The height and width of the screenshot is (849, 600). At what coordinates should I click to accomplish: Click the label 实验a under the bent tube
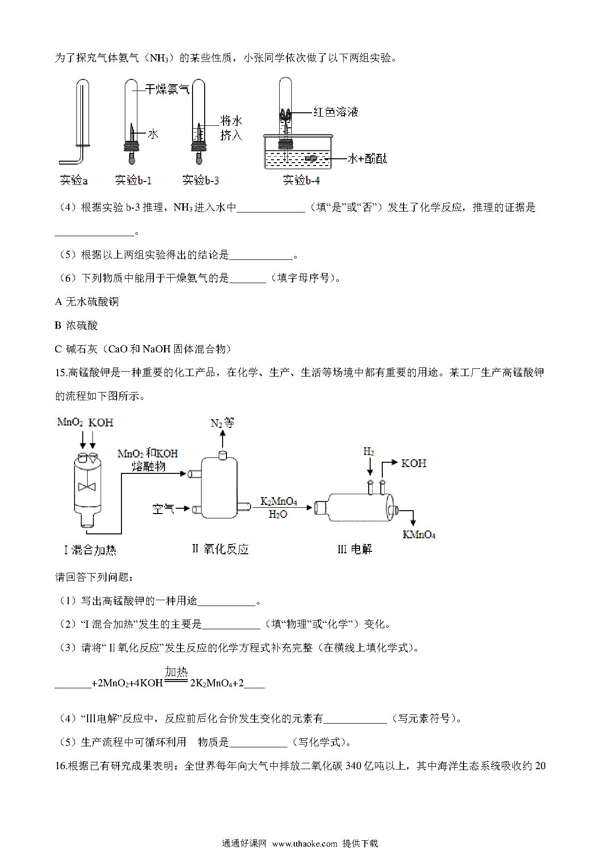[74, 181]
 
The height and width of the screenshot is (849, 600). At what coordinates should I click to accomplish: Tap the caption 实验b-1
[133, 181]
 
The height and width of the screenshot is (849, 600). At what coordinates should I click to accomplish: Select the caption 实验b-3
[201, 181]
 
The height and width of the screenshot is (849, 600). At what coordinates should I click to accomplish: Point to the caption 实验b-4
[301, 181]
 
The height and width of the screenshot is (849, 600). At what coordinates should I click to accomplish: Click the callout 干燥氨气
[167, 89]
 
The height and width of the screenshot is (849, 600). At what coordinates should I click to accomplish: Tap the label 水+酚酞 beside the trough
[367, 159]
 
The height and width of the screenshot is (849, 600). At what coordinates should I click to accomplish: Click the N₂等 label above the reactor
[223, 423]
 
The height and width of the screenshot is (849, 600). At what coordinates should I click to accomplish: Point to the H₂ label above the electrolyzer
[369, 452]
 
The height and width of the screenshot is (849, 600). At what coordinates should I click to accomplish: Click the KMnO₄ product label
[419, 535]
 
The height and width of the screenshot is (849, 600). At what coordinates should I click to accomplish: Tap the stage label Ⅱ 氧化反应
[220, 549]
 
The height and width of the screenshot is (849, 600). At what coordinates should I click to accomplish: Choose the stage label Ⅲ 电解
[355, 549]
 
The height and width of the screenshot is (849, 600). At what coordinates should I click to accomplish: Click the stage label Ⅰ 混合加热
[90, 550]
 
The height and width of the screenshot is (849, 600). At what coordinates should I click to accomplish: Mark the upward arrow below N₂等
[223, 440]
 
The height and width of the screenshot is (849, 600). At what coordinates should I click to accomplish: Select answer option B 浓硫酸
[76, 325]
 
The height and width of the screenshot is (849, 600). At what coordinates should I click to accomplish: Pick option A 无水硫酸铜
[87, 302]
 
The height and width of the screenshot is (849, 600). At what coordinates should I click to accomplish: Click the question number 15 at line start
[60, 373]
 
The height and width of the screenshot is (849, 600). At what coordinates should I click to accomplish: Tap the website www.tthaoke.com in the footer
[304, 843]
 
